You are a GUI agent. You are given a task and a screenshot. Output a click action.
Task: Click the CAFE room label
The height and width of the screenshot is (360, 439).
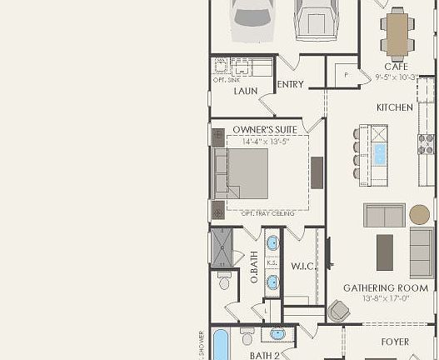(x=396, y=67)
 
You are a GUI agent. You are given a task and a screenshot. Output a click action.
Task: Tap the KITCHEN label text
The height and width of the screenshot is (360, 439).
(x=395, y=107)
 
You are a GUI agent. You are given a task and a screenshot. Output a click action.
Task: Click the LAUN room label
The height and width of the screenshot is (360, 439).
(x=244, y=92)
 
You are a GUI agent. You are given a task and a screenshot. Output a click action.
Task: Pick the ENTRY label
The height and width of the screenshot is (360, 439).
(x=290, y=84)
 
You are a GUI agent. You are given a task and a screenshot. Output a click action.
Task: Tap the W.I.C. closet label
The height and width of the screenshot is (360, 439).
(x=302, y=267)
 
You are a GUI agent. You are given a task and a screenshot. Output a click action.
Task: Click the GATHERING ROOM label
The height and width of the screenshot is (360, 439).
(x=386, y=288)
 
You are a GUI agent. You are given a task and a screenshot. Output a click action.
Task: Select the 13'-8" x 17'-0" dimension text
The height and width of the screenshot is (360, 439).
(x=387, y=298)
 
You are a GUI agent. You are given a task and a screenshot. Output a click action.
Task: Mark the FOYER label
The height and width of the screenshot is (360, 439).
(x=395, y=342)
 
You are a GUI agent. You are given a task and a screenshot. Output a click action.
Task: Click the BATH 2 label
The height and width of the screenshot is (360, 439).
(x=264, y=355)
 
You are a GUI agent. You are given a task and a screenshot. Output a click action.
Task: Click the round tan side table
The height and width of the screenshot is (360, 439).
(x=420, y=214)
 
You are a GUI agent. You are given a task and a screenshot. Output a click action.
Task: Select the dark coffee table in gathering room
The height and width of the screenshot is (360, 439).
(x=385, y=251)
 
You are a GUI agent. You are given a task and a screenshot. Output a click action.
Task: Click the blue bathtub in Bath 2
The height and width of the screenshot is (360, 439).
(x=221, y=345)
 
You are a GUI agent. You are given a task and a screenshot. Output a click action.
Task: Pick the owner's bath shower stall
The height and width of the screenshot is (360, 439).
(x=223, y=246)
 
